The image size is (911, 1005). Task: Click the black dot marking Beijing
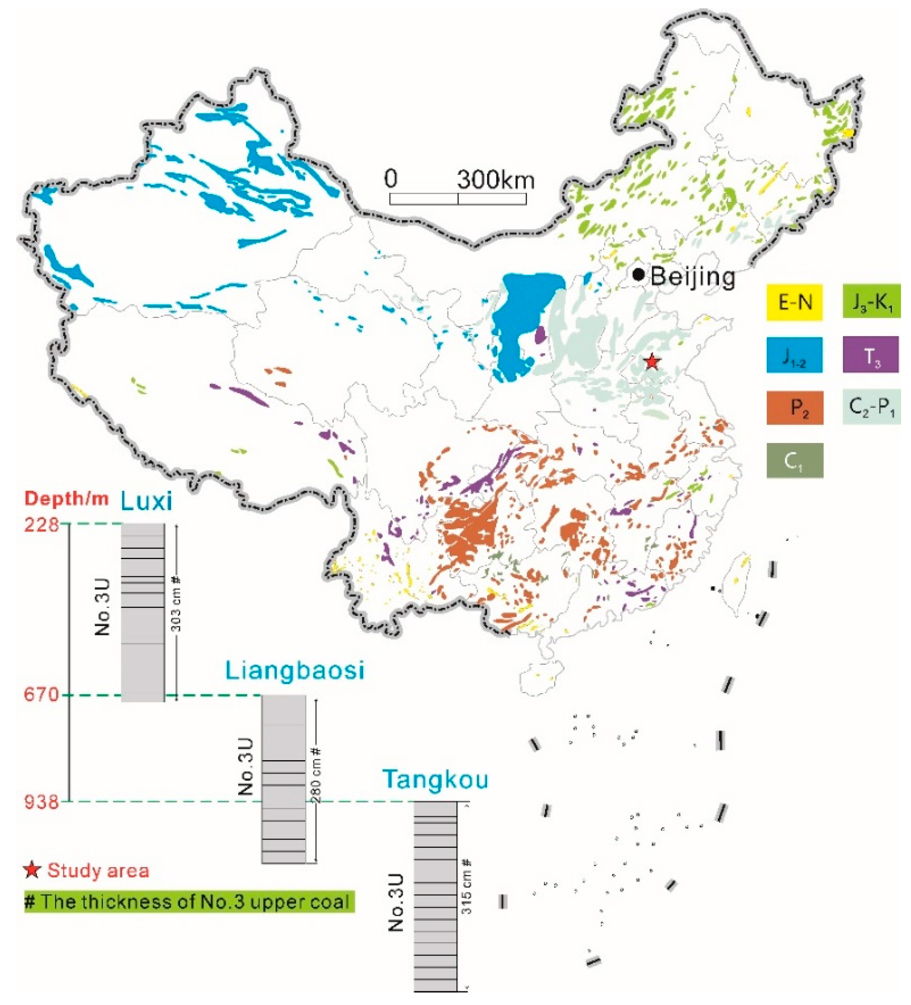pyautogui.click(x=638, y=275)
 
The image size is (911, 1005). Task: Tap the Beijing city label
pyautogui.click(x=692, y=276)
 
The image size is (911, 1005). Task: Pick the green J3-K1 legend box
pyautogui.click(x=871, y=301)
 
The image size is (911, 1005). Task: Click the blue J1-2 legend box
pyautogui.click(x=794, y=355)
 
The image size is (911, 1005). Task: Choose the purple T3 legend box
pyautogui.click(x=871, y=354)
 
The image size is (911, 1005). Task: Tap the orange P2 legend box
pyautogui.click(x=794, y=407)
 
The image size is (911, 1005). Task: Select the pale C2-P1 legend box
pyautogui.click(x=871, y=407)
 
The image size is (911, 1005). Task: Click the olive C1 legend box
pyautogui.click(x=794, y=460)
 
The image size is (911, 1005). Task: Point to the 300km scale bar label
pyautogui.click(x=495, y=179)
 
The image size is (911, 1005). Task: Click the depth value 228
pyautogui.click(x=42, y=525)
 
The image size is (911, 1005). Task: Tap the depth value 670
pyautogui.click(x=42, y=695)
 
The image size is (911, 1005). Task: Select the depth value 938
pyautogui.click(x=42, y=801)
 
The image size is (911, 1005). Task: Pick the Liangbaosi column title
pyautogui.click(x=295, y=671)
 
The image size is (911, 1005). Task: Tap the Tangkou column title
pyautogui.click(x=435, y=779)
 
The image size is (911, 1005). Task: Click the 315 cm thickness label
pyautogui.click(x=467, y=886)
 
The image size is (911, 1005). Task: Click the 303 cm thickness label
pyautogui.click(x=176, y=604)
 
